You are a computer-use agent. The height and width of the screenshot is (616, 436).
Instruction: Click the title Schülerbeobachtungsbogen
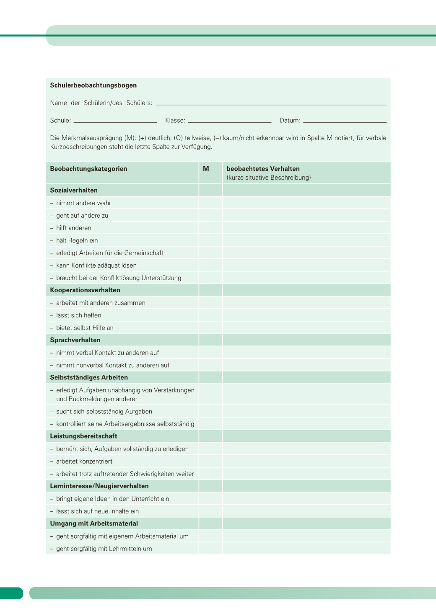coord(93,85)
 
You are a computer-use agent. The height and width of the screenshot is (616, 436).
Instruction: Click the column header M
coord(206,169)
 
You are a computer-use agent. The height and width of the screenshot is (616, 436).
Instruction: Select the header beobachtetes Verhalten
coord(263,169)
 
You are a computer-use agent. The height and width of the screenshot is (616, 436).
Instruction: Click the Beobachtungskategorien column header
coord(88,169)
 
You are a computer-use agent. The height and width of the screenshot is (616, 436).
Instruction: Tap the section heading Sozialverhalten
coord(74,190)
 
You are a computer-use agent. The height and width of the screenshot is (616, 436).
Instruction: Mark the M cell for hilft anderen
coord(210,228)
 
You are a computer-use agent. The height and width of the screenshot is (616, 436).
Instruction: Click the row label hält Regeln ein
coord(77,240)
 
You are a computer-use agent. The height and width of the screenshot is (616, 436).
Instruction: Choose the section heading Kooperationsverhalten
coord(85,290)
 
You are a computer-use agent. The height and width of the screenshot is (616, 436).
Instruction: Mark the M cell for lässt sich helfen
coord(210,315)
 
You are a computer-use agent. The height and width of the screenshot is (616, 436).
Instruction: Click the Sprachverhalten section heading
coord(75,340)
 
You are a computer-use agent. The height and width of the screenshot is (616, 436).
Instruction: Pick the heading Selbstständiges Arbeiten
coord(89,377)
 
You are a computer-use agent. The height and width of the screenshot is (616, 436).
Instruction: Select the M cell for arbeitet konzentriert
coord(210,461)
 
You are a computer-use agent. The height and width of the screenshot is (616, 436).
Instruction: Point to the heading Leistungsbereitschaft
coord(83,436)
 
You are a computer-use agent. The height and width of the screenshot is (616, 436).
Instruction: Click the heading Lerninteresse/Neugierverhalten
coord(99,486)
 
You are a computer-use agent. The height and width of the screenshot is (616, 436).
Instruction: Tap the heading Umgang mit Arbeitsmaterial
coord(94,523)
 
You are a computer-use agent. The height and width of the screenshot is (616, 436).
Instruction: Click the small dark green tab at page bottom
coord(11,593)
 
